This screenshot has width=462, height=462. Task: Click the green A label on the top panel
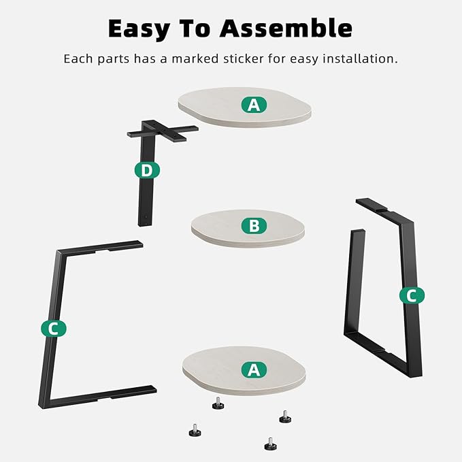pos(254,105)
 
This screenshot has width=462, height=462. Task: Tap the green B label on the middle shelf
pos(254,226)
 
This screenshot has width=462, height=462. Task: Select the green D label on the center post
pos(147,170)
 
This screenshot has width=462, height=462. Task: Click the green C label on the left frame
pos(54,329)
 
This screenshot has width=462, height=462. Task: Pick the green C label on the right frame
pos(412,295)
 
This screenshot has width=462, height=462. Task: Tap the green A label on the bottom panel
pos(254,369)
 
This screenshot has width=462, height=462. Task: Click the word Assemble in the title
pos(286,28)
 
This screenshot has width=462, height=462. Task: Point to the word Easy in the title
pos(139,29)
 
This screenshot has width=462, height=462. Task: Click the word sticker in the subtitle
pos(244,59)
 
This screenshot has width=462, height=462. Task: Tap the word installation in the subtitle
pos(360,59)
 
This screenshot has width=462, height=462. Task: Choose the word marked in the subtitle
pos(195,59)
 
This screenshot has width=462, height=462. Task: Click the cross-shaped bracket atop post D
pos(163,131)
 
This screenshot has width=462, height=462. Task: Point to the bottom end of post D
pos(145,223)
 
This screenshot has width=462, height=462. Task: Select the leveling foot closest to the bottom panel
pos(218,403)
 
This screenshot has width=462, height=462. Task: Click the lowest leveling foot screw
pos(270,444)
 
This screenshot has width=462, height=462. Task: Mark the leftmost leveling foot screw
pos(195,430)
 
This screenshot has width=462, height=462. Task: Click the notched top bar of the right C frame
pos(383,210)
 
